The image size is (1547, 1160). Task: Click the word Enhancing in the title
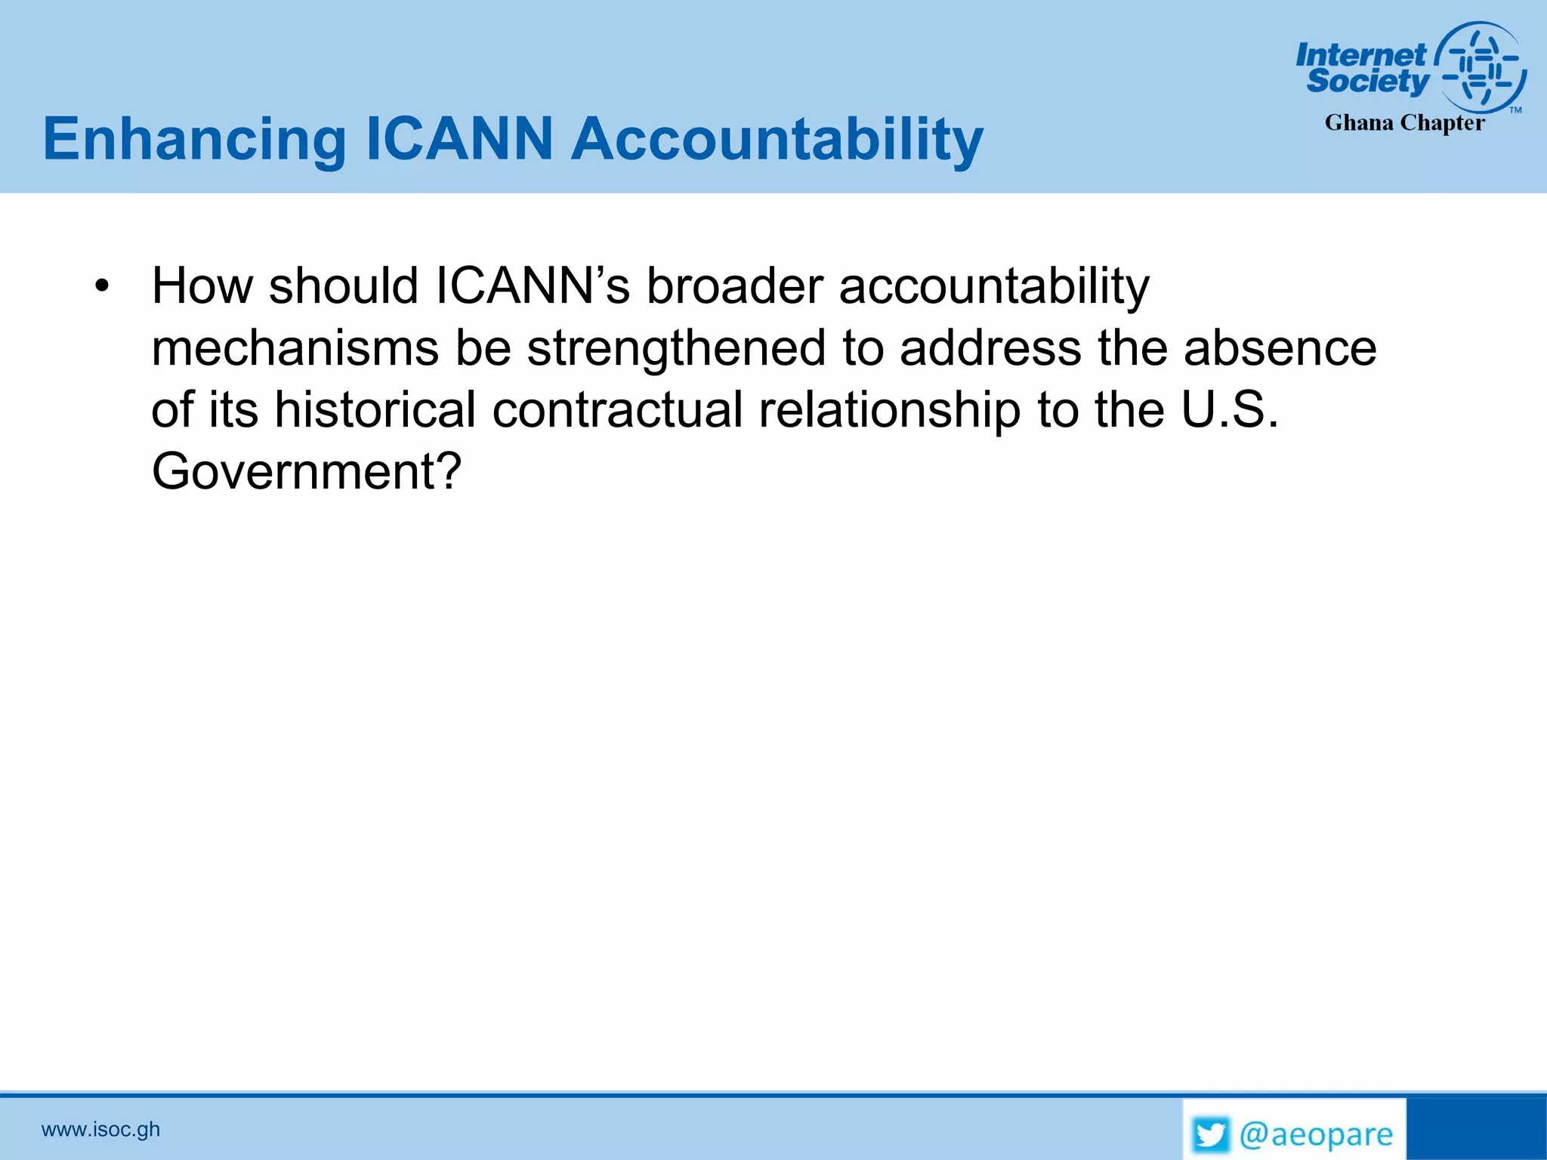[194, 140]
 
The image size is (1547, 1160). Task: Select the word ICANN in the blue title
[459, 139]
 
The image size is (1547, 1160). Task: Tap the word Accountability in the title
[777, 140]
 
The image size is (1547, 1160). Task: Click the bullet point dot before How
[103, 288]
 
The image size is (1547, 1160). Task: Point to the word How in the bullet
[202, 286]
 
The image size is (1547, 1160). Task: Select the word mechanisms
[295, 349]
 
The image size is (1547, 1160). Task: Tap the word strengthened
[676, 349]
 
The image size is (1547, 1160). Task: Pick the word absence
[1280, 349]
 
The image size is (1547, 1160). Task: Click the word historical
[375, 410]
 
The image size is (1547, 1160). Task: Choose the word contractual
[618, 410]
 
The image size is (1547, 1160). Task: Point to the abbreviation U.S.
[1230, 410]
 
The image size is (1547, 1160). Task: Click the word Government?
[306, 472]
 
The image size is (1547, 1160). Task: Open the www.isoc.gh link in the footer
[100, 1129]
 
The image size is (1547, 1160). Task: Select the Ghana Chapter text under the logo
[1404, 123]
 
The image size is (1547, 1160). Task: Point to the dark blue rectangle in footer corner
[1476, 1129]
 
